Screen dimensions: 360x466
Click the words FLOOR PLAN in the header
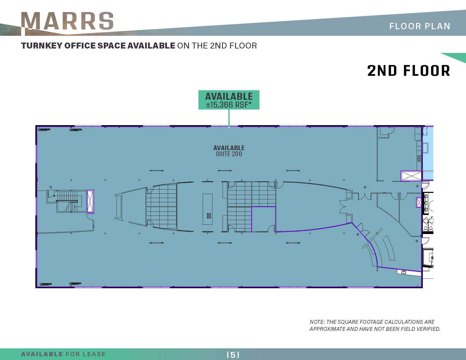pyautogui.click(x=419, y=26)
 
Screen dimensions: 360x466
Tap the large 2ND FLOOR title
pyautogui.click(x=408, y=71)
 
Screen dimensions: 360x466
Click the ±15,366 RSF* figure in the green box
pyautogui.click(x=229, y=105)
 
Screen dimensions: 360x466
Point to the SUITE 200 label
pyautogui.click(x=229, y=154)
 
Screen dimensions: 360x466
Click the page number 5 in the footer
pyautogui.click(x=233, y=355)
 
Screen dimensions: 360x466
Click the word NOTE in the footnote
pyautogui.click(x=317, y=322)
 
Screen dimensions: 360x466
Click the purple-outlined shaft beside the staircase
pyautogui.click(x=90, y=201)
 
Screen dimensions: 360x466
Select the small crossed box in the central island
pyautogui.click(x=209, y=216)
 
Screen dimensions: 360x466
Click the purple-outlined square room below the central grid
pyautogui.click(x=263, y=219)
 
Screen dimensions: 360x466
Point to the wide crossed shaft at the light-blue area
pyautogui.click(x=411, y=176)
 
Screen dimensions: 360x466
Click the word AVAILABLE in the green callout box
pyautogui.click(x=229, y=97)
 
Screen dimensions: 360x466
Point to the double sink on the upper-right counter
pyautogui.click(x=419, y=158)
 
